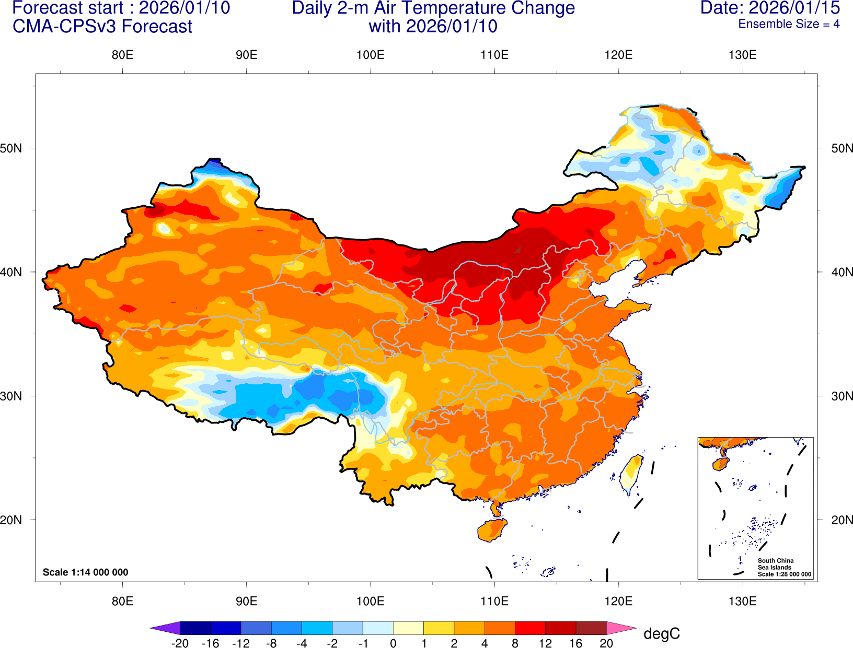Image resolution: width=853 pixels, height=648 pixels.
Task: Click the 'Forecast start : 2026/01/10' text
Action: click(x=121, y=8)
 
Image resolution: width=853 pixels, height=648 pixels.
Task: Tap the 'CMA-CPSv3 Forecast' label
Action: click(x=102, y=27)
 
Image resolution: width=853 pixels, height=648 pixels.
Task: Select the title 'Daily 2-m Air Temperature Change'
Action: click(x=433, y=8)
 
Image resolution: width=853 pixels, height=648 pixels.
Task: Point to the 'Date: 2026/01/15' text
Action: click(x=770, y=8)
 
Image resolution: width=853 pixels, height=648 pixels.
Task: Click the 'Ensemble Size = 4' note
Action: click(x=789, y=24)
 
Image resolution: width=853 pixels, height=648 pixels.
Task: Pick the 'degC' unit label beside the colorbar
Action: click(x=662, y=634)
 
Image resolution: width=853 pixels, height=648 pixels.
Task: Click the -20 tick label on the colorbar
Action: click(x=180, y=643)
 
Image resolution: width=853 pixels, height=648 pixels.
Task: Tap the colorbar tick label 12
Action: click(x=545, y=643)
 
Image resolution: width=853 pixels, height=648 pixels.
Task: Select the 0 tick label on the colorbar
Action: click(x=393, y=643)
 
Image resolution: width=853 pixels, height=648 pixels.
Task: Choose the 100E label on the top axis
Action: click(x=370, y=55)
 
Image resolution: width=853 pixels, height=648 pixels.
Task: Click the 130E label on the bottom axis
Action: click(x=742, y=601)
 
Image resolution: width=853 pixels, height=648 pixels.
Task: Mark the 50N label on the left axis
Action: click(x=11, y=148)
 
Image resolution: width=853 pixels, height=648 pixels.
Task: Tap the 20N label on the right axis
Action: click(x=842, y=520)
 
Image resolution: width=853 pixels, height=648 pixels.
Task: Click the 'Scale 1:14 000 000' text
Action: click(x=85, y=572)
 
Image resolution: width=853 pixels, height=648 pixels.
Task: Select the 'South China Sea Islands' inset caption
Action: click(x=775, y=564)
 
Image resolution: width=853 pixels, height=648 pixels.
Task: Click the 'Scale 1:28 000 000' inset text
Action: click(x=785, y=574)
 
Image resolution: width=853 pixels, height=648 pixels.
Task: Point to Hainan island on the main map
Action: click(x=492, y=530)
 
